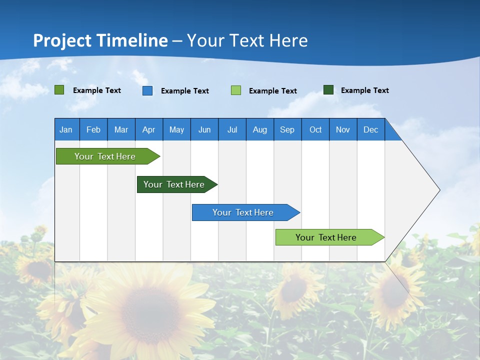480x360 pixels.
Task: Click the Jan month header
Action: pos(66,129)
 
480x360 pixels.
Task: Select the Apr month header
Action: pos(148,129)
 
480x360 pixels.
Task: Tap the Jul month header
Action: pos(232,129)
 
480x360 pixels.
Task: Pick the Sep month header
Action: pos(287,129)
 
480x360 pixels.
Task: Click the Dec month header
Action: pos(370,129)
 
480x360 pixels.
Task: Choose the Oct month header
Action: pos(315,129)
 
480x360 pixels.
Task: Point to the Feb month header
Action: pos(93,129)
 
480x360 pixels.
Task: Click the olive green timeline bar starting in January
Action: pos(105,156)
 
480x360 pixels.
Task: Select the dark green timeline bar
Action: pos(174,184)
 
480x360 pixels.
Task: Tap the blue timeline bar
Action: pos(243,212)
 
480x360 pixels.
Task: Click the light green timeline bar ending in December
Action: pos(326,237)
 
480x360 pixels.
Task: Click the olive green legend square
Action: pos(59,90)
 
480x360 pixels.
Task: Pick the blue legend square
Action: pos(147,90)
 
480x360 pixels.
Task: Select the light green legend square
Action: pos(236,90)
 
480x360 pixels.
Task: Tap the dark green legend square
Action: pos(328,90)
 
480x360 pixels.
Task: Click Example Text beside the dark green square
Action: pos(364,90)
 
